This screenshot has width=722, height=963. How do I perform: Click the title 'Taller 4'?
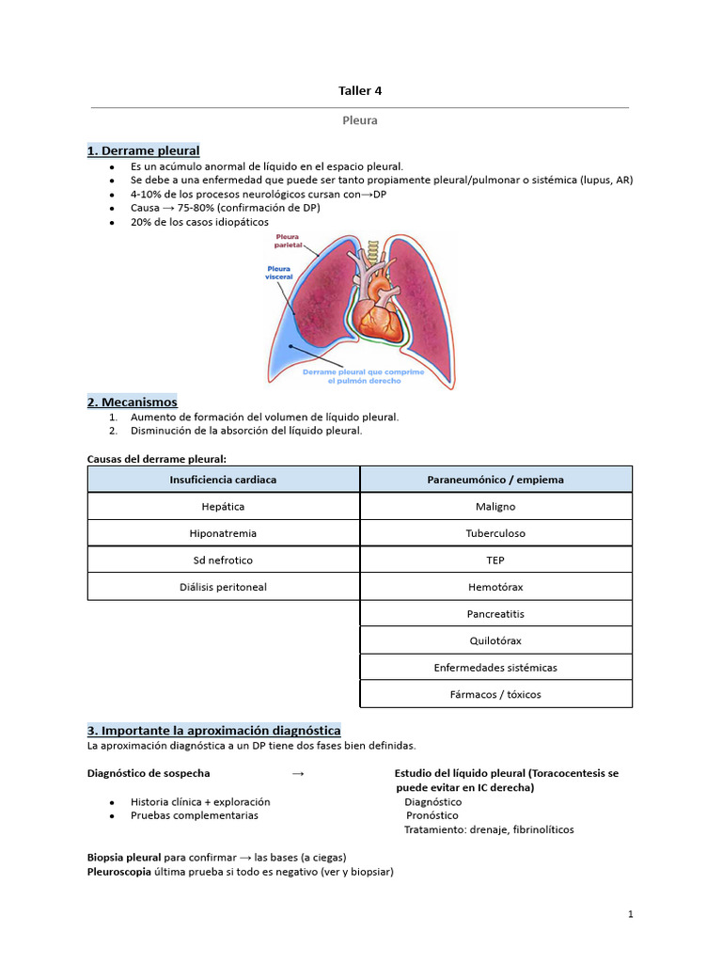click(x=360, y=91)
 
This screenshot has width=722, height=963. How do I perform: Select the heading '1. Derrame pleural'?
click(x=143, y=150)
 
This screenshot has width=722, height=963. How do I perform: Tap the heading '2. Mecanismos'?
click(x=132, y=402)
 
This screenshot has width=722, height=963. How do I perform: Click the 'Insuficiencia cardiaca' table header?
click(x=223, y=480)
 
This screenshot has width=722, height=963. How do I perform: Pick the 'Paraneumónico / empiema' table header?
click(x=495, y=480)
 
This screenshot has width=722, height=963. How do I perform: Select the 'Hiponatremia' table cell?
click(x=223, y=533)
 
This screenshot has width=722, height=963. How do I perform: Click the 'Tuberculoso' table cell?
click(x=495, y=533)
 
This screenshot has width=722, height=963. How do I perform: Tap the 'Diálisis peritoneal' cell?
click(x=223, y=587)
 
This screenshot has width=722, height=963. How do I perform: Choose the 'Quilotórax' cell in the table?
click(x=495, y=640)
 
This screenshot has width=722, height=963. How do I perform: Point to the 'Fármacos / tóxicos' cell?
click(x=495, y=694)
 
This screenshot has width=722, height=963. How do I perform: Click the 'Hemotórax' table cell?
click(x=495, y=587)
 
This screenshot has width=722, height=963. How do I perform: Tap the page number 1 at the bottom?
click(x=631, y=914)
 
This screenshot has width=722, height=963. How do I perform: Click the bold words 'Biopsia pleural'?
click(x=124, y=857)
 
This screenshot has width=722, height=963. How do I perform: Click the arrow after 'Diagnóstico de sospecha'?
click(x=298, y=774)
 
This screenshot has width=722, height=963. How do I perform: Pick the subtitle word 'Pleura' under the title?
click(x=360, y=120)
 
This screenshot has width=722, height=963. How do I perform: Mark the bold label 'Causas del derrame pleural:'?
click(x=156, y=458)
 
